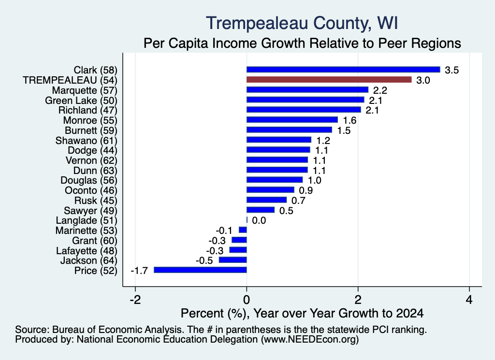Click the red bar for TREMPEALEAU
tap(329, 80)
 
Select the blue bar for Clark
tap(343, 70)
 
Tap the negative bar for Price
tap(200, 270)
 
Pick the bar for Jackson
tap(233, 259)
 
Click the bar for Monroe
tap(292, 119)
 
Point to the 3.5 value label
tap(452, 70)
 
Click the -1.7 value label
tap(139, 271)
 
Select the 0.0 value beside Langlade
tap(259, 220)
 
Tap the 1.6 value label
tap(349, 120)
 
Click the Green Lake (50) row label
tap(81, 101)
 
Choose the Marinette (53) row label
tap(87, 230)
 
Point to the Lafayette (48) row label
tap(87, 250)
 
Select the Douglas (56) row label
tap(89, 180)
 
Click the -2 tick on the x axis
tap(135, 300)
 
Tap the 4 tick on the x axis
tap(469, 300)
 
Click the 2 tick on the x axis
tap(358, 300)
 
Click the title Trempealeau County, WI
tap(302, 24)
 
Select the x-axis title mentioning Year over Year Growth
tap(302, 313)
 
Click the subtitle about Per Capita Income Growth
tap(302, 43)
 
